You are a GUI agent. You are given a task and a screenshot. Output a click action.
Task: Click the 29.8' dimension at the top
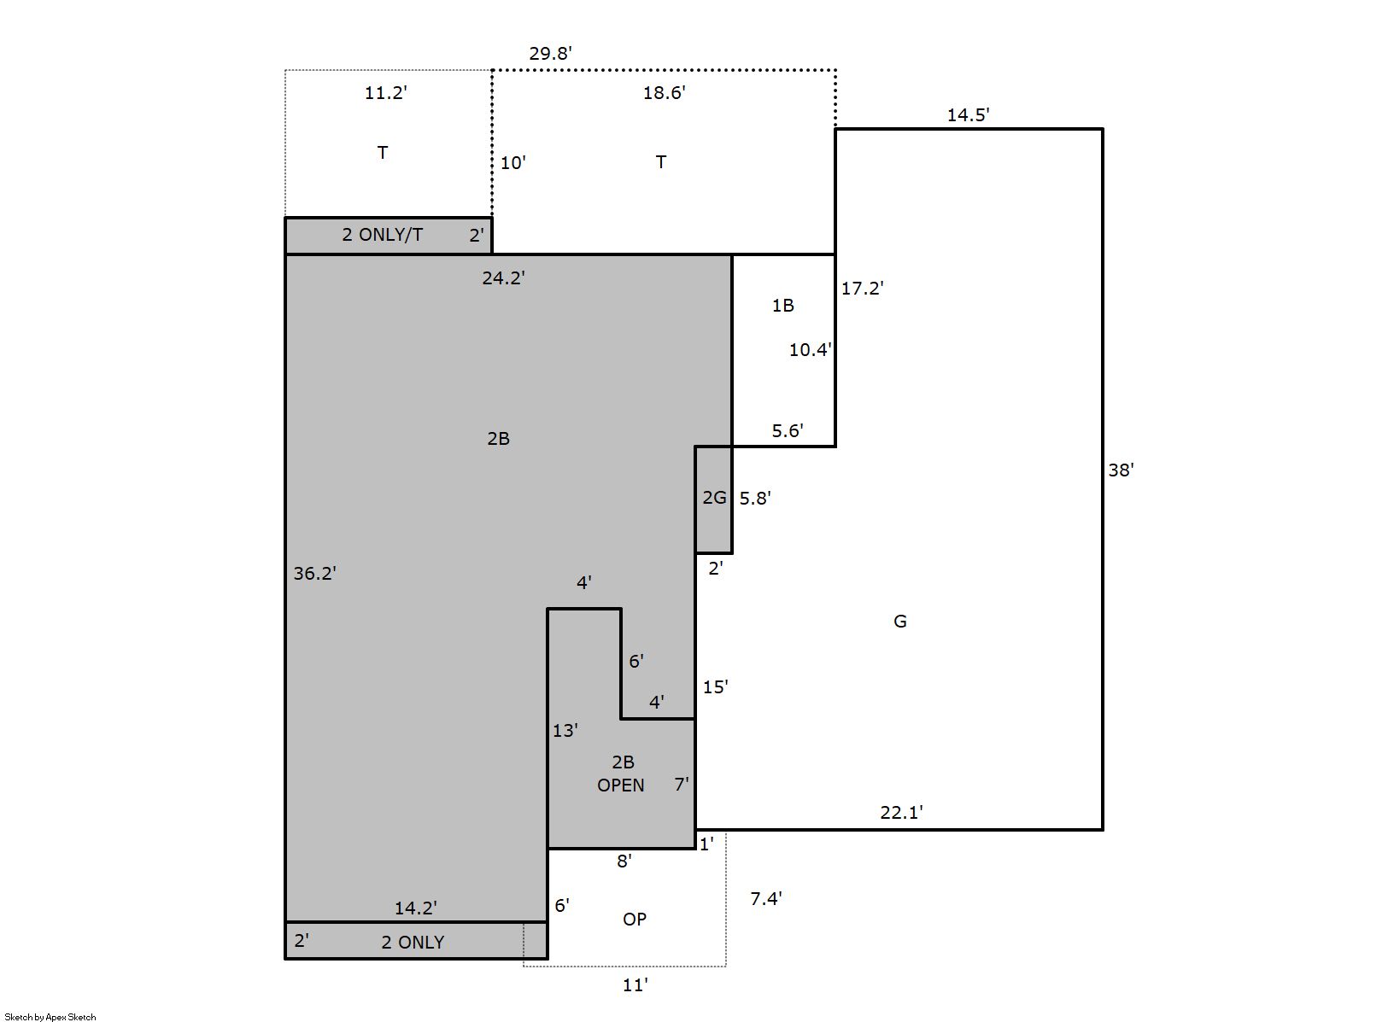pos(550,54)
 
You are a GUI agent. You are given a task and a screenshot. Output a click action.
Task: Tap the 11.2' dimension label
pos(385,93)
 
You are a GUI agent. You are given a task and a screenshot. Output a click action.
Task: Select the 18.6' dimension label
pos(664,93)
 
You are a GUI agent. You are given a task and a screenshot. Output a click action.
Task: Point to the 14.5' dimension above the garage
pos(969,115)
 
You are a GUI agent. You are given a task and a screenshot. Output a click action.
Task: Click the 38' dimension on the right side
pos(1121,470)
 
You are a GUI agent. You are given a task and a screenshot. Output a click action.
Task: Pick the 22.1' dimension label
pos(901,812)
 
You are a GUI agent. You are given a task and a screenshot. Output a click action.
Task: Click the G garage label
pos(900,622)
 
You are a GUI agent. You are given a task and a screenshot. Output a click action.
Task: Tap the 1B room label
pos(783,306)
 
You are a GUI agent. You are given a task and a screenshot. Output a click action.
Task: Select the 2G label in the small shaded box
pos(714,498)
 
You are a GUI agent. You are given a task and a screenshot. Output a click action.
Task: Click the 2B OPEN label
pos(621,774)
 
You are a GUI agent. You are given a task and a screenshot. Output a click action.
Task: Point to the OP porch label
pos(635,920)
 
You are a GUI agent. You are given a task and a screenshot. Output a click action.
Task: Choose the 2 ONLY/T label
pos(382,235)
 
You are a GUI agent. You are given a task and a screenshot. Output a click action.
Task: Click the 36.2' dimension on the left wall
pos(315,574)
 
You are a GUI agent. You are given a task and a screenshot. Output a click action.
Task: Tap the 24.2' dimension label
pos(503,278)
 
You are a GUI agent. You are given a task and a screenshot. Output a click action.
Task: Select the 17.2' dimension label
pos(863,289)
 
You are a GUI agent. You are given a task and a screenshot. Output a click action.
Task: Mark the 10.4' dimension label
pos(811,350)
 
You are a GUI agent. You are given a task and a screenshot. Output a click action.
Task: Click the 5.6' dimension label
pos(788,431)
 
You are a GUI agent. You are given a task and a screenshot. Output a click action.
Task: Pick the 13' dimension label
pos(565,731)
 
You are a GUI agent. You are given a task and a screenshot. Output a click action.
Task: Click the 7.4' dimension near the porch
pos(766,899)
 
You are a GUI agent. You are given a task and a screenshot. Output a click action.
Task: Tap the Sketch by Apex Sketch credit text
pos(50,1017)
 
